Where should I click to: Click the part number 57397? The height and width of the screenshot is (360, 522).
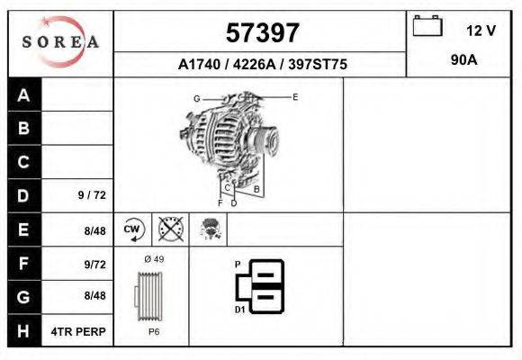click(261, 33)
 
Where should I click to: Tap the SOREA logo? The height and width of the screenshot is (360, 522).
click(60, 42)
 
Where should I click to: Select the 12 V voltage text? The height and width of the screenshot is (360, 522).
click(481, 31)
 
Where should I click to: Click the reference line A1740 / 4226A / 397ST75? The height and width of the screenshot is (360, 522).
click(263, 65)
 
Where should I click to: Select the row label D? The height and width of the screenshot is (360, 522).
click(23, 195)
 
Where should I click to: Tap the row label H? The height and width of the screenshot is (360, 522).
click(23, 331)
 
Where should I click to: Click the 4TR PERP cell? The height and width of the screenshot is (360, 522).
click(79, 331)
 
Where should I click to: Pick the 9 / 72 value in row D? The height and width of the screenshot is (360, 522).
click(92, 195)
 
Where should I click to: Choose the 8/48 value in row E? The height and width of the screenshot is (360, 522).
click(94, 230)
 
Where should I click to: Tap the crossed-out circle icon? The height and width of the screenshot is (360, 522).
click(170, 229)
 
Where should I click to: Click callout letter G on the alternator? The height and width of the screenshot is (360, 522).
click(196, 98)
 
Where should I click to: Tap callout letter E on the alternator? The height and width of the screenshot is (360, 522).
click(294, 96)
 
